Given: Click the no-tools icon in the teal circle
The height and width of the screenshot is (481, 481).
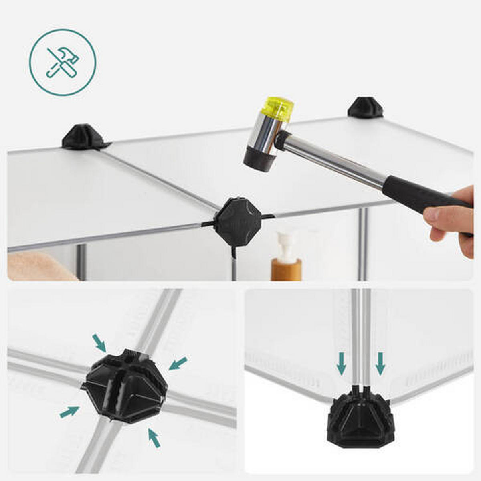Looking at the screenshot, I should [63, 63].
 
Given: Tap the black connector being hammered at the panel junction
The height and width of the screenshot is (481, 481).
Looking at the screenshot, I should [237, 220].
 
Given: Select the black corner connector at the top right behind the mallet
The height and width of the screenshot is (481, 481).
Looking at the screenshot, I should [365, 107].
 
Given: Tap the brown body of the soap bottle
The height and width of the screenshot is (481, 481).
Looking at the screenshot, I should [286, 269].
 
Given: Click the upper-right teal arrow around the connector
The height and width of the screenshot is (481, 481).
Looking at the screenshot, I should [178, 363].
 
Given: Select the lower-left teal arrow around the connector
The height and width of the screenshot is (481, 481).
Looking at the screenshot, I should [69, 412].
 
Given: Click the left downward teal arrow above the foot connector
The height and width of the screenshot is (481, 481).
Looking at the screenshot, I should [341, 363].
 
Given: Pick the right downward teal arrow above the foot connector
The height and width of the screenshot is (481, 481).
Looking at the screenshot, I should [380, 363].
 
